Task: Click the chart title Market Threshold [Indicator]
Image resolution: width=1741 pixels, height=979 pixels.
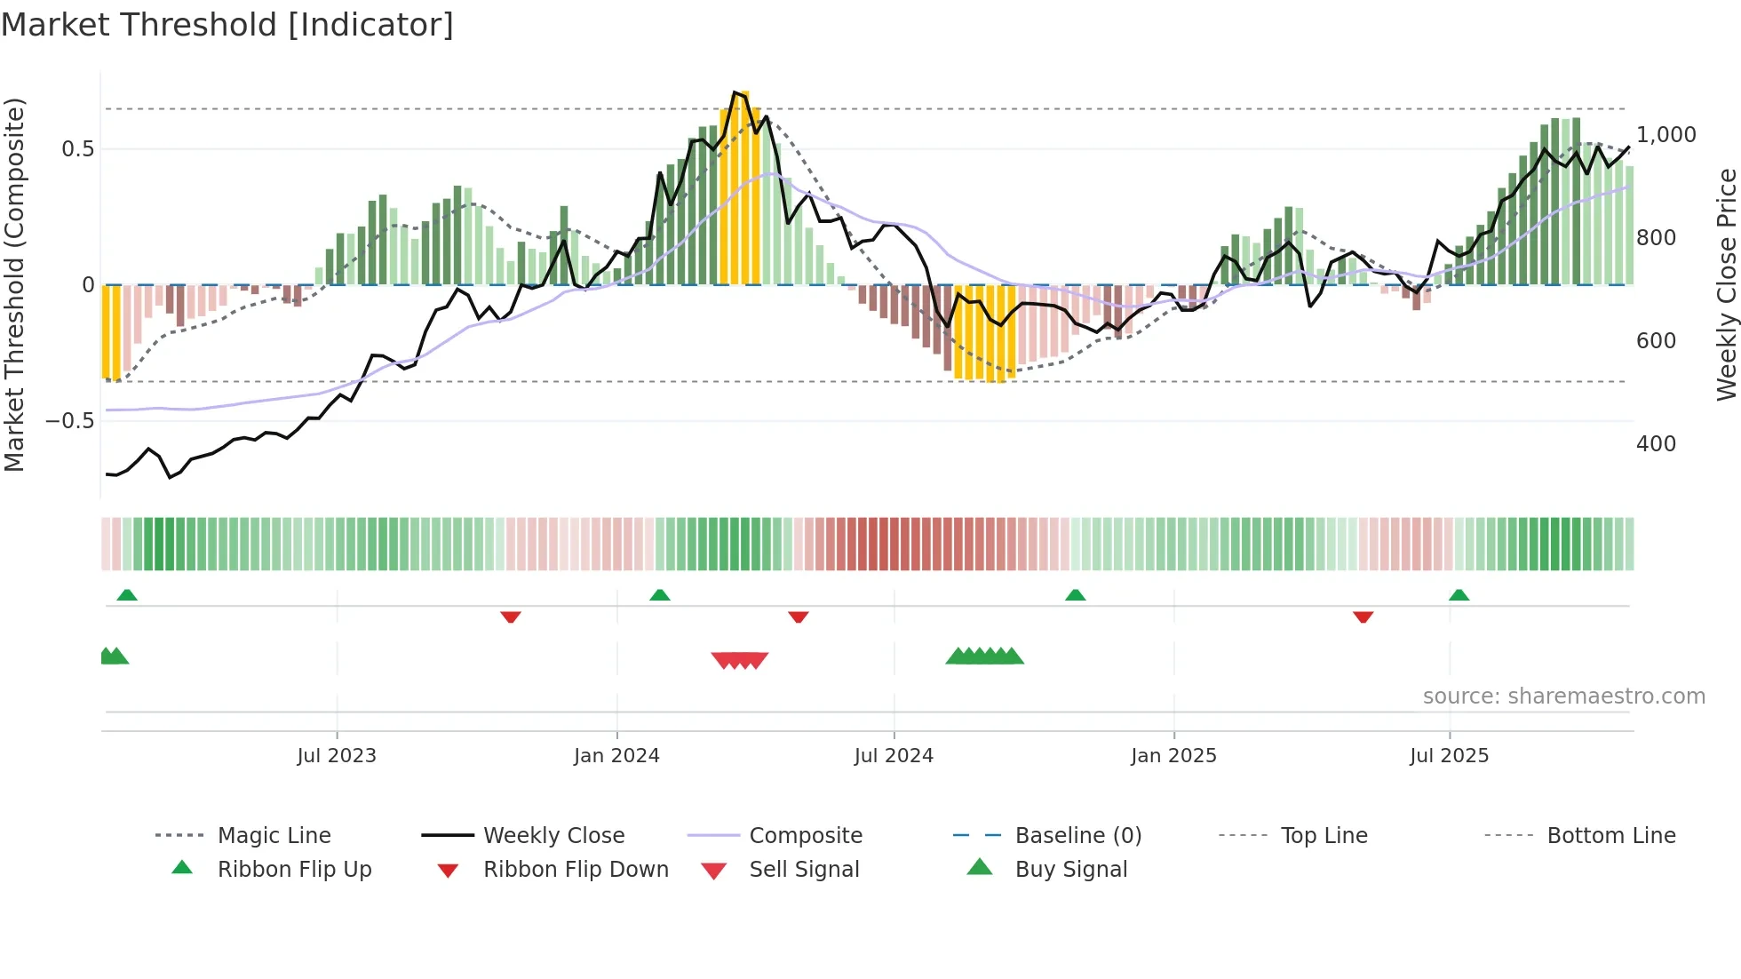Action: click(227, 25)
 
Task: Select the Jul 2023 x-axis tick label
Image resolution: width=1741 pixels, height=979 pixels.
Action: click(337, 756)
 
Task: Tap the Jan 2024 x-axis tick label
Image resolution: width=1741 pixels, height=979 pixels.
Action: click(616, 756)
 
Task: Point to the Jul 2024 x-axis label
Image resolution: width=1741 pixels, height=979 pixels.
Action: click(894, 756)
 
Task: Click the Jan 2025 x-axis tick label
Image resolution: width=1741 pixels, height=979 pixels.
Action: click(1173, 756)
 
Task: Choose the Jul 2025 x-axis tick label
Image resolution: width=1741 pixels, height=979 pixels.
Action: click(1449, 756)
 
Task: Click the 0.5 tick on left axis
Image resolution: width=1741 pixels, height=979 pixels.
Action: click(78, 149)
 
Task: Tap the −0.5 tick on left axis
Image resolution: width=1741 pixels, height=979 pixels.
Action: click(70, 421)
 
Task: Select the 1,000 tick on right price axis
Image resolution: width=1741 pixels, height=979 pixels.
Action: click(1666, 135)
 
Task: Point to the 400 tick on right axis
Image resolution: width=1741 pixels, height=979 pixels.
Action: click(1656, 444)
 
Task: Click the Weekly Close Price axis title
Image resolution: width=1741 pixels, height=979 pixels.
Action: click(1726, 284)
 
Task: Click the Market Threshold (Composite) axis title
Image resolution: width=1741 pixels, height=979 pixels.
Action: click(14, 284)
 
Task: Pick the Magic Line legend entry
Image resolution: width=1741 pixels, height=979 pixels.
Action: click(274, 836)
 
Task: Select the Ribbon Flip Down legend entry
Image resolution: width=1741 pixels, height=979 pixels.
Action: click(576, 870)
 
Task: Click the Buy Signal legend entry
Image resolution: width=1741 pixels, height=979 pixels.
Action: click(1070, 870)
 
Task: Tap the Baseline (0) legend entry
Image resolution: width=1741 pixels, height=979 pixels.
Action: click(1077, 836)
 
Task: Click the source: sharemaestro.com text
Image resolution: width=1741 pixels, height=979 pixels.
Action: click(1563, 696)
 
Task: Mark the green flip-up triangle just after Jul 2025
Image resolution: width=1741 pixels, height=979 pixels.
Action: click(1459, 595)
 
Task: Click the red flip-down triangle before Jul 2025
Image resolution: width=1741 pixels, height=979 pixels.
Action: click(1363, 617)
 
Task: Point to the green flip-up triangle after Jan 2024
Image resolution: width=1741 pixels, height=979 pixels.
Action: click(659, 595)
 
